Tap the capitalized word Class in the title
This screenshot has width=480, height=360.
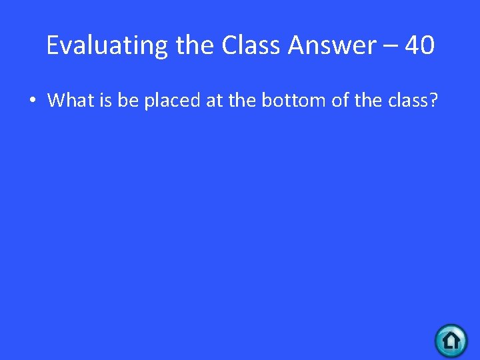point(251,45)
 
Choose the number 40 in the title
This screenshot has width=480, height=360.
point(420,45)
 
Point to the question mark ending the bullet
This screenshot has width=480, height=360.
point(433,100)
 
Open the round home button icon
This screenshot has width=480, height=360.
point(451,341)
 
